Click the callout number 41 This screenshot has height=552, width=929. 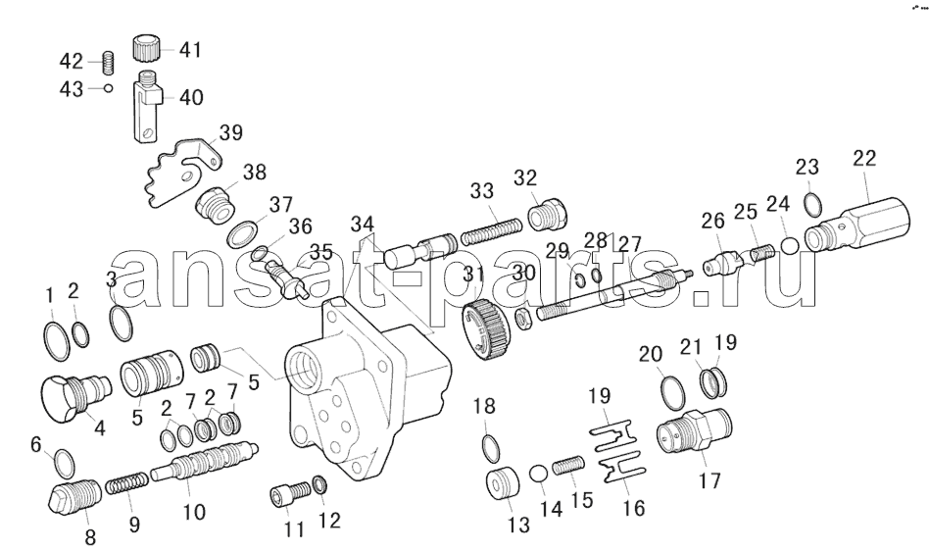[x=190, y=50]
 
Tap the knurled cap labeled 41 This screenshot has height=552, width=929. [x=145, y=48]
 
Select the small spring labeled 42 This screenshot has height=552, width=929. [x=108, y=62]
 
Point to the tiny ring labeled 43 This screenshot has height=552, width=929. [x=108, y=88]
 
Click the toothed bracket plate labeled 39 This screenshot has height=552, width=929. [x=183, y=172]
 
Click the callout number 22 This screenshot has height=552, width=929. [x=864, y=158]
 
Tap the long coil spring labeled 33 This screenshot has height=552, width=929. [x=492, y=230]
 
